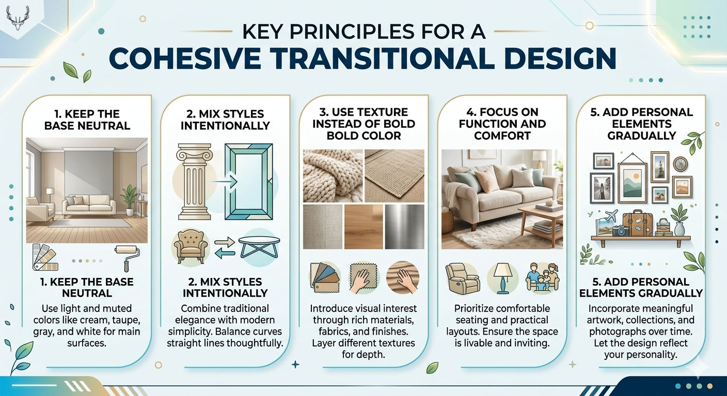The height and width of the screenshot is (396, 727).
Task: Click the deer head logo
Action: coord(18,19)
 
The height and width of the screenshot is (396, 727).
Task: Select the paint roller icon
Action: coord(124,256)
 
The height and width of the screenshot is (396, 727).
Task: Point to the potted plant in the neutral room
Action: coord(129,199)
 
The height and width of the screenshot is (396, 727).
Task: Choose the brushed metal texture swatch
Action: coord(404,223)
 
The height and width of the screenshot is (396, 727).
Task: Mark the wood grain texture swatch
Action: coord(363,223)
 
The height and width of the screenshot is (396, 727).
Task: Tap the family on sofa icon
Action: coord(542,277)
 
